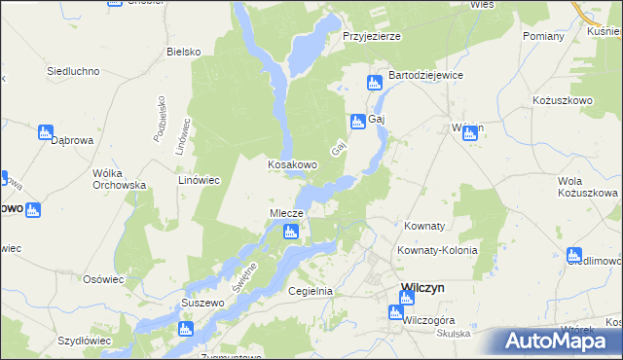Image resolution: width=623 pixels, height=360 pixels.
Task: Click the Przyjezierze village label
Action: pos(372,36)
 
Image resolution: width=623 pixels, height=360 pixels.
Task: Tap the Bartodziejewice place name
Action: pos(425,75)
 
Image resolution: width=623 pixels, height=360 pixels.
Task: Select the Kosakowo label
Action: pos(293,164)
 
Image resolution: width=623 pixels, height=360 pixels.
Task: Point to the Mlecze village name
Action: pos(287,213)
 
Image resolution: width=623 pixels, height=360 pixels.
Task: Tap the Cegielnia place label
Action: pos(311,291)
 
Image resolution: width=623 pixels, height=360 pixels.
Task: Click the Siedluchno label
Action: pos(75,71)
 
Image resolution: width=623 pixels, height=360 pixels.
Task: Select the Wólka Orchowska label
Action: pos(119,179)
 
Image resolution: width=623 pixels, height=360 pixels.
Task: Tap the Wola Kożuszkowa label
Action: pos(587,187)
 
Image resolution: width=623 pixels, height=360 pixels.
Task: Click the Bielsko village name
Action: pos(183,52)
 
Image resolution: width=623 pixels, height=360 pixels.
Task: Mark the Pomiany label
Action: pos(543,36)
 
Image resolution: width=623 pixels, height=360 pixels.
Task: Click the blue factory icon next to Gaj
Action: pos(357,121)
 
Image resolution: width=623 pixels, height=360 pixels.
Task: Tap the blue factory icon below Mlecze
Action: pos(290,232)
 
